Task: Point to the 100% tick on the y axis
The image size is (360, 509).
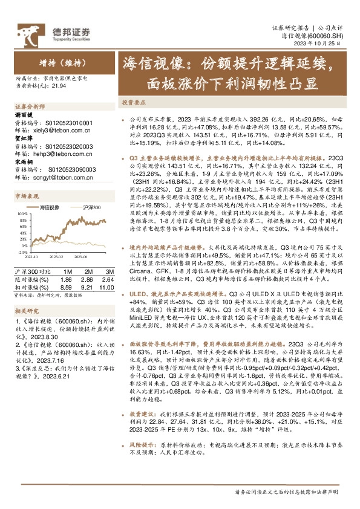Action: (x=21, y=213)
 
